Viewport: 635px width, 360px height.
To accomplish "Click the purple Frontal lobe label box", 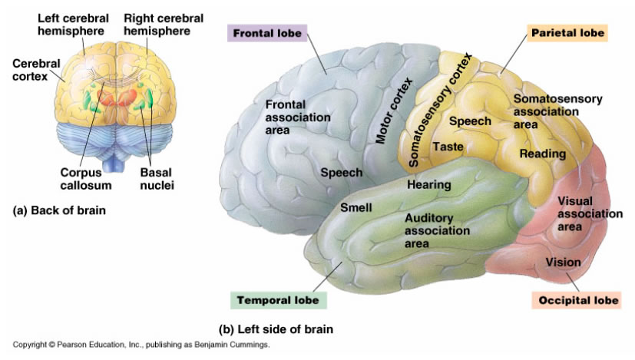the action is [267, 33].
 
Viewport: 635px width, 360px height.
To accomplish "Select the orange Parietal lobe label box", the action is [567, 33].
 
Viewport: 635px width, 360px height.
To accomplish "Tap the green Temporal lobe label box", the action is [278, 300].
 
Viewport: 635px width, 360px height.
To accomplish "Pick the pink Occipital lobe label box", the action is [577, 300].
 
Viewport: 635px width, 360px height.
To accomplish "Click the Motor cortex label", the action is [393, 111].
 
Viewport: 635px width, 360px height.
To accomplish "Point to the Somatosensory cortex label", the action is [440, 110].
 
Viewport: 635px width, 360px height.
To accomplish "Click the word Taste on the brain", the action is [448, 146].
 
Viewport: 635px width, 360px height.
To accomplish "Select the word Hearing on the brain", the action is [429, 185].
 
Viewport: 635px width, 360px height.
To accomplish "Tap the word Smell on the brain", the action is [356, 208].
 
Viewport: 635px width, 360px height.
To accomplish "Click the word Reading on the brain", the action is [543, 154].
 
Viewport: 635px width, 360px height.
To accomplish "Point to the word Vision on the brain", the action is [563, 263].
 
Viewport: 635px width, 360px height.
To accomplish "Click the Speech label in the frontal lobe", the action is [342, 173].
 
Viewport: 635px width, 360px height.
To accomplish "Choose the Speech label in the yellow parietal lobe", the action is [470, 121].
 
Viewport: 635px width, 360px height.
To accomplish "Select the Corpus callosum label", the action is [86, 179].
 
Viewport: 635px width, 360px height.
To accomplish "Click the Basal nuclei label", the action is [157, 179].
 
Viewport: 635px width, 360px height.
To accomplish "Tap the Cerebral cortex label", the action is [36, 70].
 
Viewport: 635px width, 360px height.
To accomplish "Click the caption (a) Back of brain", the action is [59, 210].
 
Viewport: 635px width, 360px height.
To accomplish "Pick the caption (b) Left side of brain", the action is [276, 329].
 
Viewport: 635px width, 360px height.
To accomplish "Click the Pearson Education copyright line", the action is [141, 345].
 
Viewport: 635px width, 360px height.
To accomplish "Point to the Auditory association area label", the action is [437, 231].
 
